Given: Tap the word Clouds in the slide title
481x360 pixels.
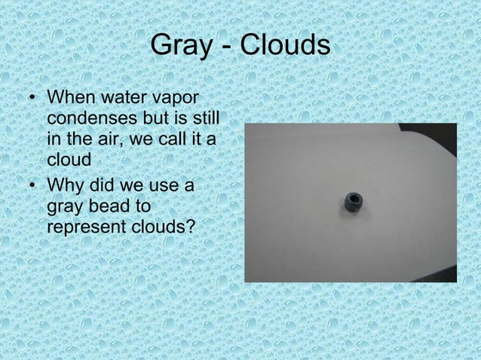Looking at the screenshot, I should tap(285, 46).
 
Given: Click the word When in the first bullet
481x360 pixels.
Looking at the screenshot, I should tap(70, 99).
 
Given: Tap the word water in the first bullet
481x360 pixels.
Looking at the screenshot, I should tap(123, 99).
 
